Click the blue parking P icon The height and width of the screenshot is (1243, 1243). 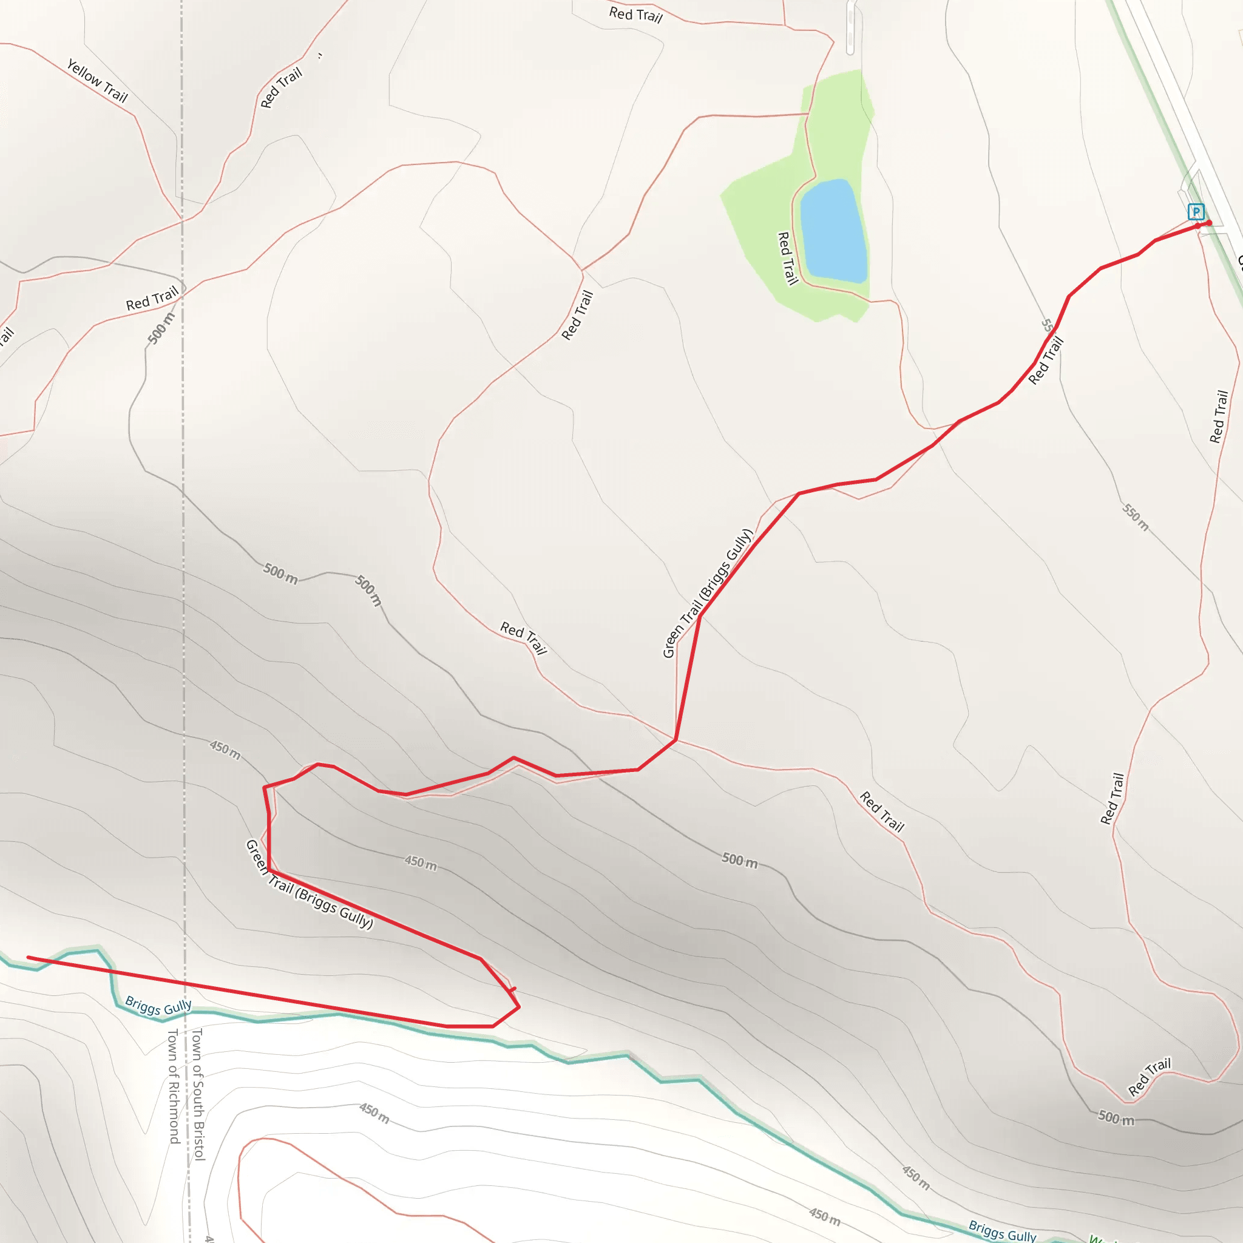1196,212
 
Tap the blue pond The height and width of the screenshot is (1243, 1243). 833,232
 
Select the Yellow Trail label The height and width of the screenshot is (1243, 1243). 97,81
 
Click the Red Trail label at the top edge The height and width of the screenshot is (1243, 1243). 635,14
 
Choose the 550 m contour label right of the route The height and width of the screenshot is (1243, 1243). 1136,517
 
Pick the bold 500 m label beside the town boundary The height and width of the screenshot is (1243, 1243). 161,328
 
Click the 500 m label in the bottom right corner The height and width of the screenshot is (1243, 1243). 1116,1117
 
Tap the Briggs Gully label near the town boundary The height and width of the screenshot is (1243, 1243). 158,1006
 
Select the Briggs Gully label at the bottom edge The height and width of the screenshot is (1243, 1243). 1003,1231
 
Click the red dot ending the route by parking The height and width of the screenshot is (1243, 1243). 1208,223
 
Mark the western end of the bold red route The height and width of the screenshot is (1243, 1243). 29,957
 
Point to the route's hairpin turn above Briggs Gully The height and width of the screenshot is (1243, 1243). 518,1007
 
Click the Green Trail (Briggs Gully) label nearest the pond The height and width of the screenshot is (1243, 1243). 707,593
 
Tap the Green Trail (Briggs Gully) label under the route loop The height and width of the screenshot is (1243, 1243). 309,885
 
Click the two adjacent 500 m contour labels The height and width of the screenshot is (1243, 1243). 322,579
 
